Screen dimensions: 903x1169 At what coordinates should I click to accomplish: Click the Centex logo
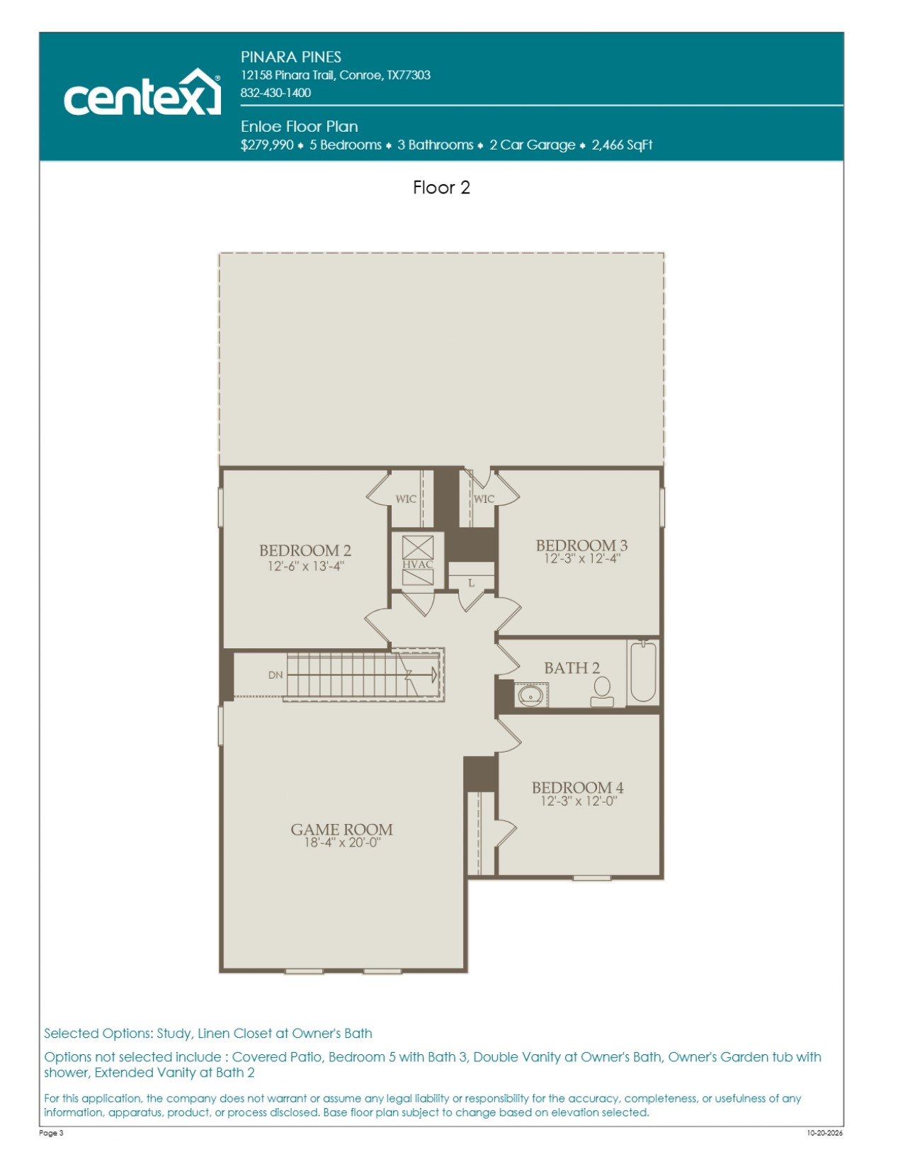[x=142, y=92]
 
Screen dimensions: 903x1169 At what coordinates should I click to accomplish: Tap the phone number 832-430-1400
[x=276, y=93]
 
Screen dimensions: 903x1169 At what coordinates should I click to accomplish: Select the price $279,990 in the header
[x=267, y=145]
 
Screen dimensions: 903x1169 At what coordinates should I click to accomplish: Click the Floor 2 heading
[x=441, y=187]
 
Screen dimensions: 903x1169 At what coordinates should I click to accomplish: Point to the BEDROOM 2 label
[x=305, y=550]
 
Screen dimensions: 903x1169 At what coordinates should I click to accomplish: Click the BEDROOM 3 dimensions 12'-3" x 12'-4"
[x=582, y=558]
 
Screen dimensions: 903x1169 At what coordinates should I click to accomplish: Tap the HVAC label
[x=417, y=565]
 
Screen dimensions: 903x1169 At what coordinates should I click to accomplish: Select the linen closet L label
[x=471, y=583]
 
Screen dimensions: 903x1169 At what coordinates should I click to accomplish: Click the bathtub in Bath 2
[x=643, y=672]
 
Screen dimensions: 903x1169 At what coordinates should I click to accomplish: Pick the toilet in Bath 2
[x=602, y=691]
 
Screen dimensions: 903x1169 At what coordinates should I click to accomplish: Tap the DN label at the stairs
[x=276, y=675]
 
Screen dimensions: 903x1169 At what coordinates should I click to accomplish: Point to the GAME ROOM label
[x=341, y=830]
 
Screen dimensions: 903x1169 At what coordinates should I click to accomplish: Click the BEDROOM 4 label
[x=578, y=788]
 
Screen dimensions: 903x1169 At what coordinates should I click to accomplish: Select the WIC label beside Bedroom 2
[x=406, y=499]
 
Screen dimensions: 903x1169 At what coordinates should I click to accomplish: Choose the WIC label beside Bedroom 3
[x=484, y=499]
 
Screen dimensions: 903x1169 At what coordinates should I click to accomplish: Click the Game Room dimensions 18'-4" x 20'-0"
[x=342, y=843]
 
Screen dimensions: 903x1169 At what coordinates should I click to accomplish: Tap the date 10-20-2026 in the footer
[x=825, y=1133]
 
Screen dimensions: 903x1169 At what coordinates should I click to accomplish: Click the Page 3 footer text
[x=51, y=1133]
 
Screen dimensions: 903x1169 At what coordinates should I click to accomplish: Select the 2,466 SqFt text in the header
[x=622, y=145]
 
